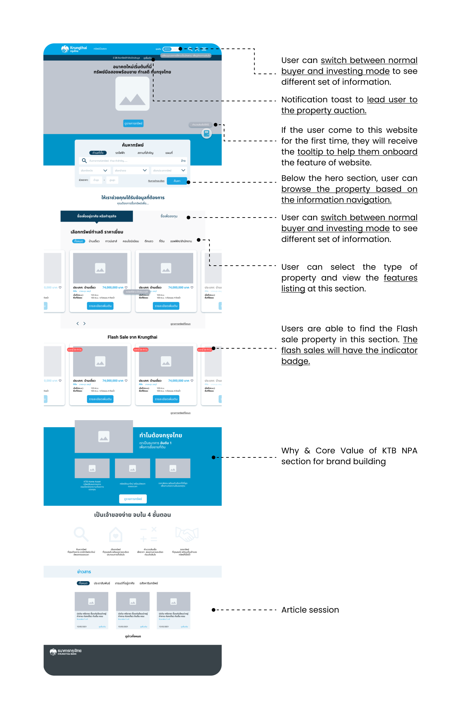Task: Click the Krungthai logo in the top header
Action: pos(74,49)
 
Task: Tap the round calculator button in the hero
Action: pos(206,133)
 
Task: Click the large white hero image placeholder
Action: pos(133,94)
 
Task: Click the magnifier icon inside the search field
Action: pos(84,161)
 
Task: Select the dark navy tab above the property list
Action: pos(97,216)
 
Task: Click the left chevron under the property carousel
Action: pos(78,324)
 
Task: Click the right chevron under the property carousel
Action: pos(84,324)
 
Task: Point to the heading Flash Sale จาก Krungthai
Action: pos(132,337)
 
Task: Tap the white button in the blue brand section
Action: pos(133,499)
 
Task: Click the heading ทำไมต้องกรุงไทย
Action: pos(161,435)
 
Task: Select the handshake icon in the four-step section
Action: pos(187,535)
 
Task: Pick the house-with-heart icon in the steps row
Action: pos(116,535)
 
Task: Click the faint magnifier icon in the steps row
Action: pos(81,535)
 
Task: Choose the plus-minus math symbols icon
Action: pos(149,535)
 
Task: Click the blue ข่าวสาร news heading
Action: pos(84,572)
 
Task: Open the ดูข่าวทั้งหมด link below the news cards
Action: pos(133,636)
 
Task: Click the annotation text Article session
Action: pos(310,610)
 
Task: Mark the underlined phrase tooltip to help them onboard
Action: pos(357,152)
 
